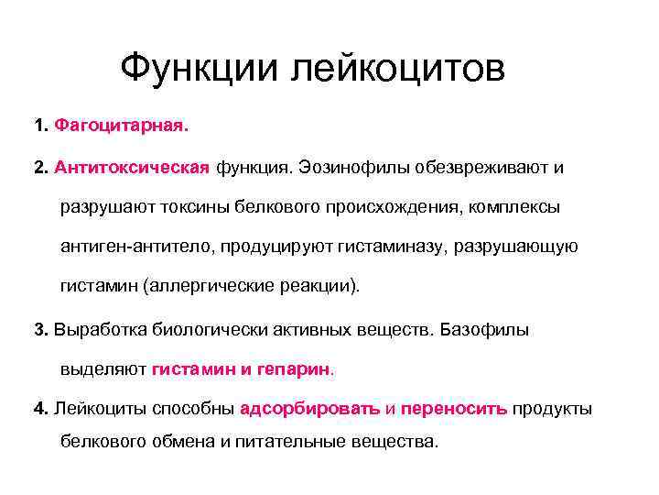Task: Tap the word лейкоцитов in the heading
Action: pyautogui.click(x=397, y=68)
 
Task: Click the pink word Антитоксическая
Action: pyautogui.click(x=133, y=168)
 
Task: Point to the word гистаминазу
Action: pyautogui.click(x=397, y=247)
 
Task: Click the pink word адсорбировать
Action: pyautogui.click(x=308, y=408)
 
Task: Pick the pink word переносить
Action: pyautogui.click(x=453, y=408)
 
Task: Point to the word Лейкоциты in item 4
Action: pyautogui.click(x=99, y=408)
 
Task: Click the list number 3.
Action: pyautogui.click(x=39, y=329)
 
